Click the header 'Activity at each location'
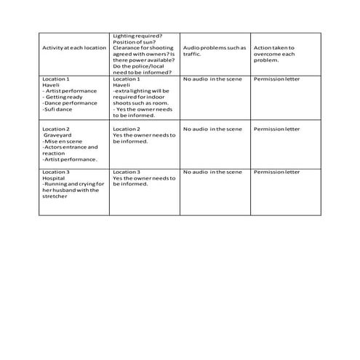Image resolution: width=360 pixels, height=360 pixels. [x=74, y=48]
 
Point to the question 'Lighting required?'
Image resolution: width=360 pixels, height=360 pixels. [x=137, y=36]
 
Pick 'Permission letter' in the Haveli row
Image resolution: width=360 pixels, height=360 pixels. [x=276, y=78]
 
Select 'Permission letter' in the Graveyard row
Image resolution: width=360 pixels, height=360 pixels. [x=276, y=129]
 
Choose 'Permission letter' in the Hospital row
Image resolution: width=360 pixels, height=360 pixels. [x=276, y=172]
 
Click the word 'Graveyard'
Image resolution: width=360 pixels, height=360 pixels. [x=57, y=135]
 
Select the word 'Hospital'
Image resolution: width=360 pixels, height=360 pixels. [x=55, y=178]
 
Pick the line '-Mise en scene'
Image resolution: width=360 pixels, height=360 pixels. [x=61, y=141]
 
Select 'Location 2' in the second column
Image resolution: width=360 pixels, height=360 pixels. [x=127, y=129]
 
